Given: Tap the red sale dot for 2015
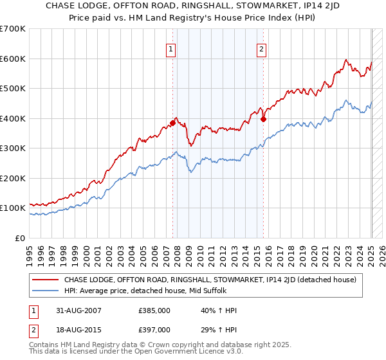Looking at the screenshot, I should click(264, 120).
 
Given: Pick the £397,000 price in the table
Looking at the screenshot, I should click(154, 330).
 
